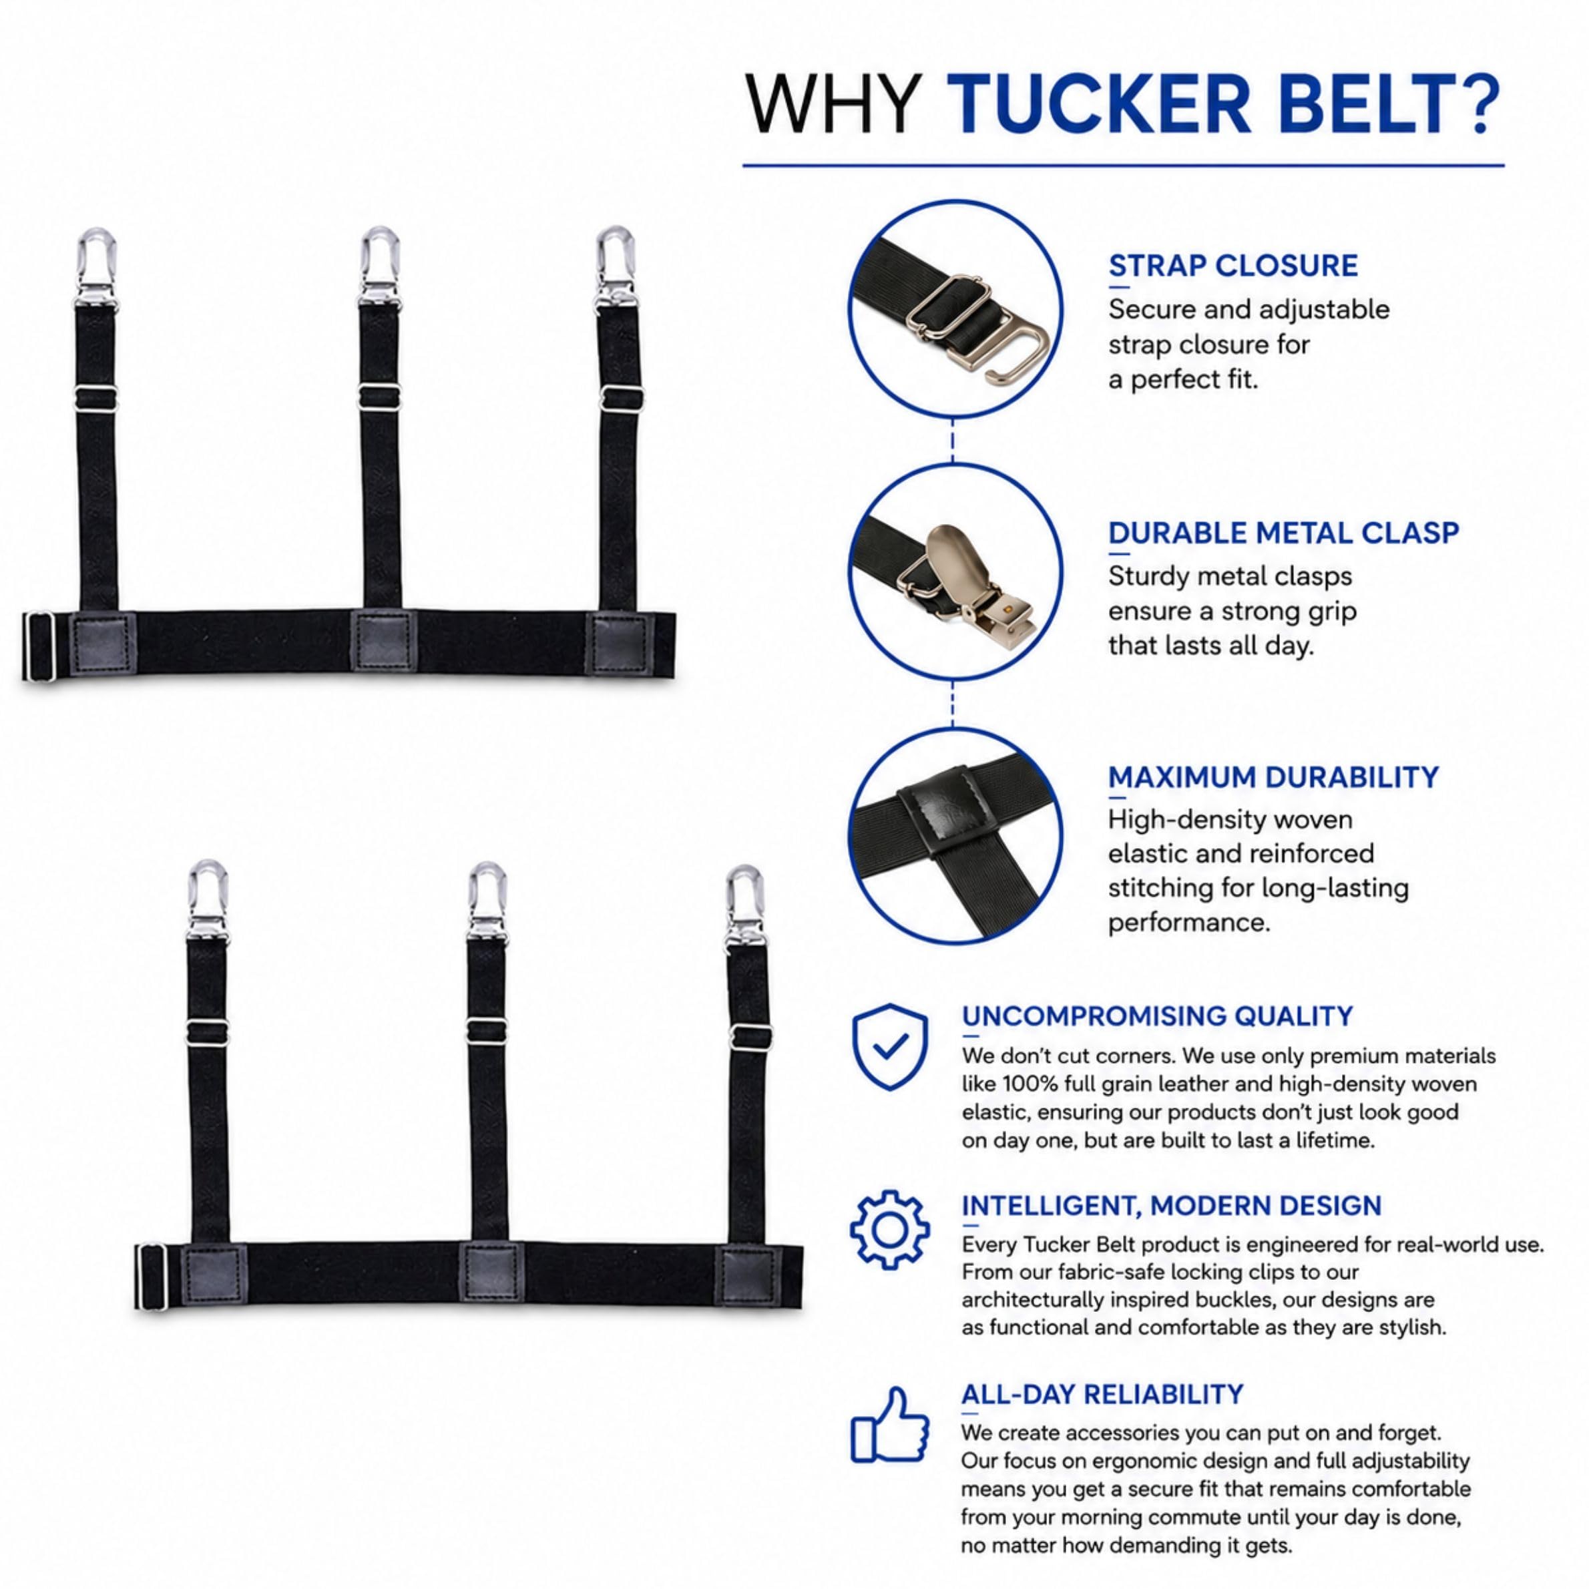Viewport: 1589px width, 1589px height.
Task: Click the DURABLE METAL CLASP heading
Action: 1283,532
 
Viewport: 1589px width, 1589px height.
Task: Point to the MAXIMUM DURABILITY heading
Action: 1273,776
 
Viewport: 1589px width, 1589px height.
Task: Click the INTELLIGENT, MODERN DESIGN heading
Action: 1171,1206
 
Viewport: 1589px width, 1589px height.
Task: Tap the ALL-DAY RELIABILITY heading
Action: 1102,1394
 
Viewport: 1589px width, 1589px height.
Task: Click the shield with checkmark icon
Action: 890,1046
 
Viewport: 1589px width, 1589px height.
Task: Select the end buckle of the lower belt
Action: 152,1277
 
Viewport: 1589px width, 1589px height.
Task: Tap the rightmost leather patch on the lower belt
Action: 746,1277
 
